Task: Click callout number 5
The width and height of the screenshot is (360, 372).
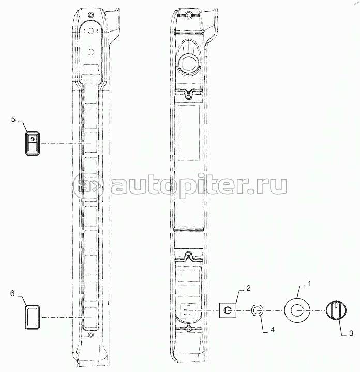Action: pyautogui.click(x=13, y=119)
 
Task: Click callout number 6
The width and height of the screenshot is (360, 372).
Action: pyautogui.click(x=12, y=293)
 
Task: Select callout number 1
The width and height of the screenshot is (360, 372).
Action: pyautogui.click(x=309, y=283)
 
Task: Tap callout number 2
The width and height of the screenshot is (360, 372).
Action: pyautogui.click(x=248, y=288)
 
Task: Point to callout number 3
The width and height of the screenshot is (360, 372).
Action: pyautogui.click(x=351, y=333)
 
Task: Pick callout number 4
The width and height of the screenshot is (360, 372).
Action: pyautogui.click(x=273, y=330)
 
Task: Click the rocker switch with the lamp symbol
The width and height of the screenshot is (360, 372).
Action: pyautogui.click(x=33, y=143)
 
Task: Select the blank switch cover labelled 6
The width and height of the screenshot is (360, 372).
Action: pyautogui.click(x=32, y=317)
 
